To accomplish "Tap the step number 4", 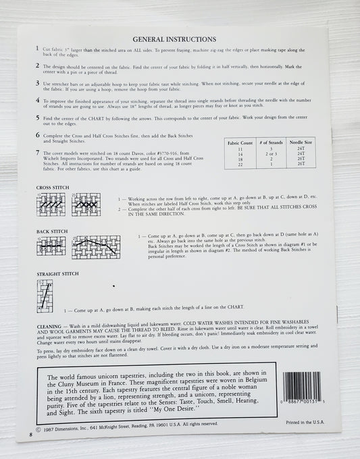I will tap(37, 100).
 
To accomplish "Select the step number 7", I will tap(37, 153).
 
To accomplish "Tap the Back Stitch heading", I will tap(51, 232).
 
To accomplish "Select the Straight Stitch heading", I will tap(57, 274).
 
